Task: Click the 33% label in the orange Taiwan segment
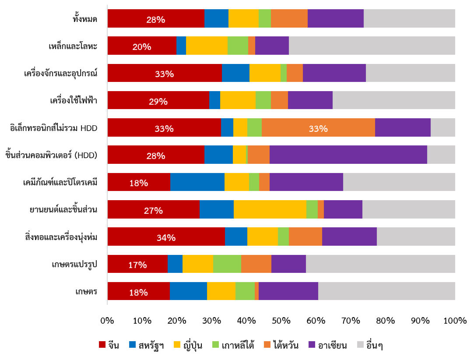click(318, 128)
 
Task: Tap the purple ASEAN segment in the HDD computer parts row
click(348, 155)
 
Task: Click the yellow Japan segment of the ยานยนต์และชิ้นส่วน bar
click(270, 209)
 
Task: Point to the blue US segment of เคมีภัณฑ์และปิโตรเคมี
click(197, 182)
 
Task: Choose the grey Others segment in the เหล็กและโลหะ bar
click(372, 46)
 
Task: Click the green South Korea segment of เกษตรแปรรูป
click(227, 264)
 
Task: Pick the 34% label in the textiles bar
click(166, 238)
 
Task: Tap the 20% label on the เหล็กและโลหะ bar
click(142, 47)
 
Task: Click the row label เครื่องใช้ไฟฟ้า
click(73, 101)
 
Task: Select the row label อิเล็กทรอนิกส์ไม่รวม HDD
click(53, 128)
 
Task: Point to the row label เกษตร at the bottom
click(86, 291)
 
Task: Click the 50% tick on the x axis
click(281, 321)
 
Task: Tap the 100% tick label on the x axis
click(455, 321)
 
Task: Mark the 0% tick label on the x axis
click(107, 321)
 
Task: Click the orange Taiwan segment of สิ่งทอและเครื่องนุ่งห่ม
click(305, 236)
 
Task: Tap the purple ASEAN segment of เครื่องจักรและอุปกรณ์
click(334, 73)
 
